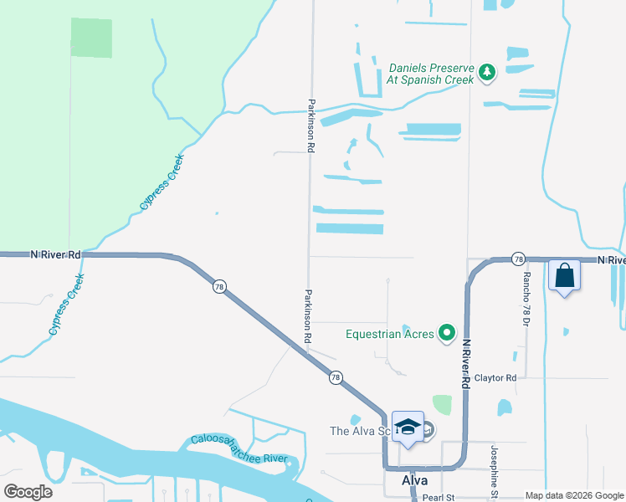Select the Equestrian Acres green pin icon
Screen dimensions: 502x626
click(448, 335)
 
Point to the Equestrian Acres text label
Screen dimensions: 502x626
click(391, 335)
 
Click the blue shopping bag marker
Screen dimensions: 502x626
click(565, 275)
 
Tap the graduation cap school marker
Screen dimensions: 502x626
click(408, 427)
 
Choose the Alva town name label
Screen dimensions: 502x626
click(415, 480)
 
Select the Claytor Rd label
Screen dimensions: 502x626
click(495, 378)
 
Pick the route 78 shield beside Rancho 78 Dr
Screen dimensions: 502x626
click(518, 259)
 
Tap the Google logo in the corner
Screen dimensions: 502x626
click(28, 491)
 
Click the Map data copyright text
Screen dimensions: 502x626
click(572, 495)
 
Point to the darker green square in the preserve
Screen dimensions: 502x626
click(91, 38)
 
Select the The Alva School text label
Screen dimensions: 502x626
click(359, 432)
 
